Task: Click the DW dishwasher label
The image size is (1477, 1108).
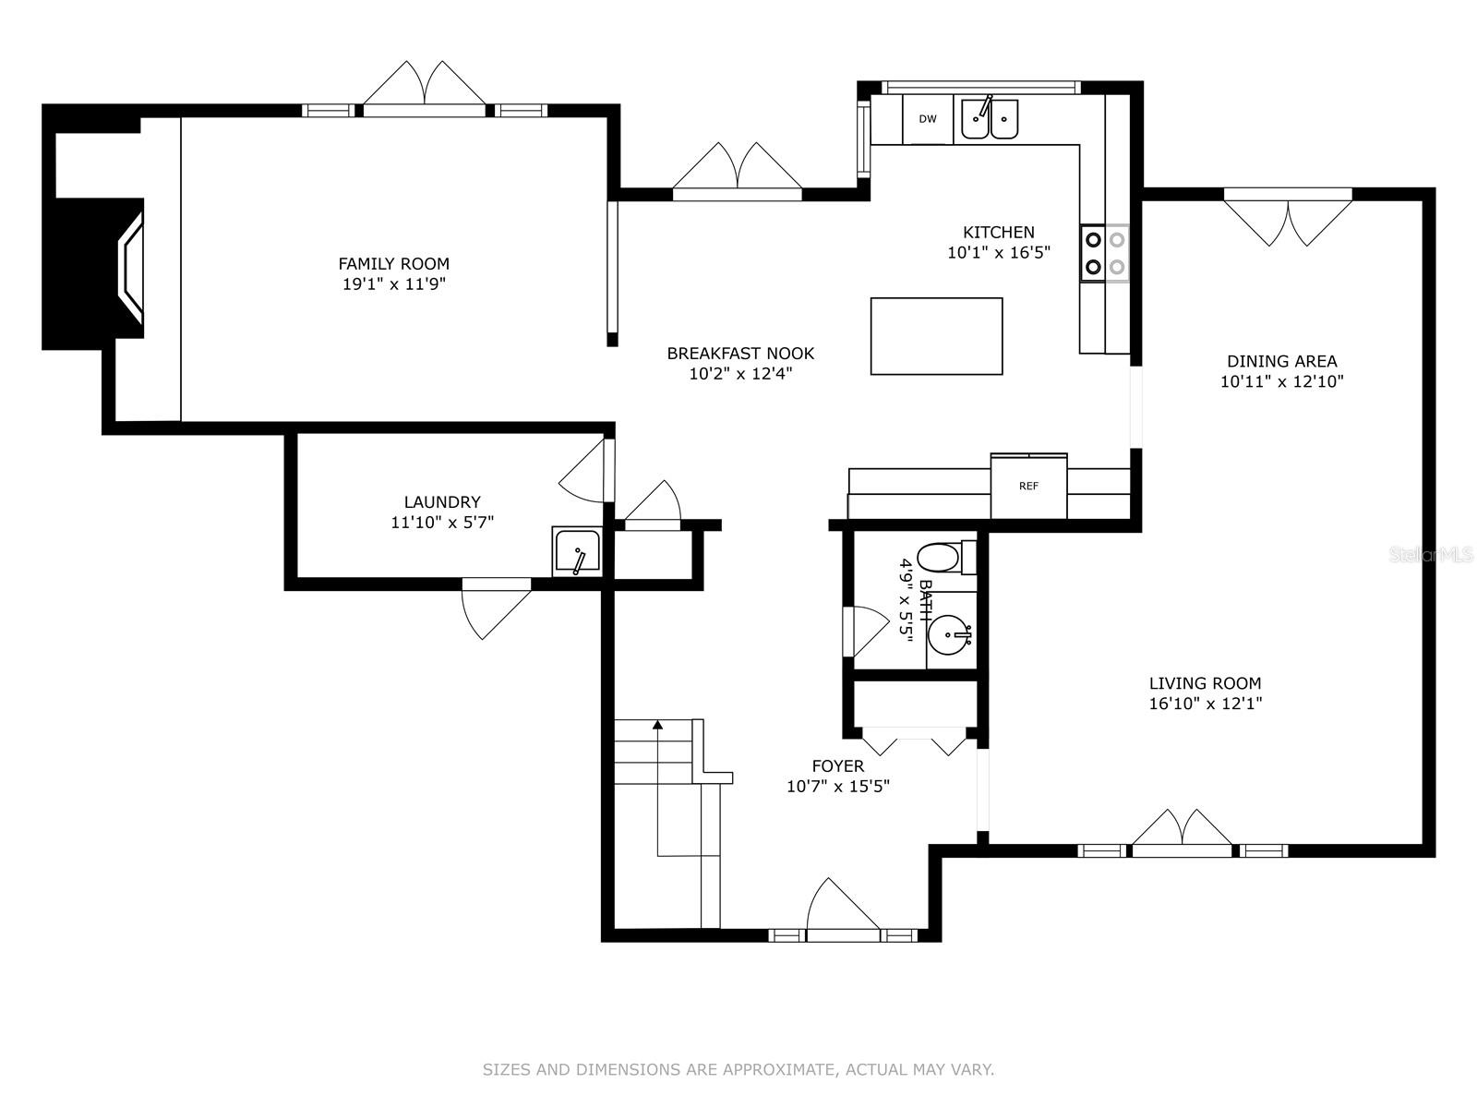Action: click(927, 119)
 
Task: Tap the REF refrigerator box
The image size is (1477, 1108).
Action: click(1028, 486)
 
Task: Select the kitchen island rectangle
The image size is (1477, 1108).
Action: click(936, 336)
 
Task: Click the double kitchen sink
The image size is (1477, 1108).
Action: click(990, 119)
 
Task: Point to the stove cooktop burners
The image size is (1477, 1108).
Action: click(1105, 253)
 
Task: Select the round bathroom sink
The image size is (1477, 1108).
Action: click(950, 633)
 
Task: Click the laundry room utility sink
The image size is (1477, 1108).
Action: click(577, 551)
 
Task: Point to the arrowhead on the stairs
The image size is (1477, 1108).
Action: click(657, 725)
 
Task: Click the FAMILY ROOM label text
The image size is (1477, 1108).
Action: click(393, 264)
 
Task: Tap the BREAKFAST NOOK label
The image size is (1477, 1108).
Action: click(740, 354)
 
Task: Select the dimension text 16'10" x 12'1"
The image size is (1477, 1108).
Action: click(1206, 704)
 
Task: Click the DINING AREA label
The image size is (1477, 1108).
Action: click(1282, 361)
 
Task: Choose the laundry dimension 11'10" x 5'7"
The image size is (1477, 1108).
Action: click(442, 522)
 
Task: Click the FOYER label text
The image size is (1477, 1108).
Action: click(838, 765)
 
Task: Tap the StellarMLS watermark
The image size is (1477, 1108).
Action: click(1430, 555)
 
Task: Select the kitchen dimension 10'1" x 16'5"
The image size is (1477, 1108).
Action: click(999, 253)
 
